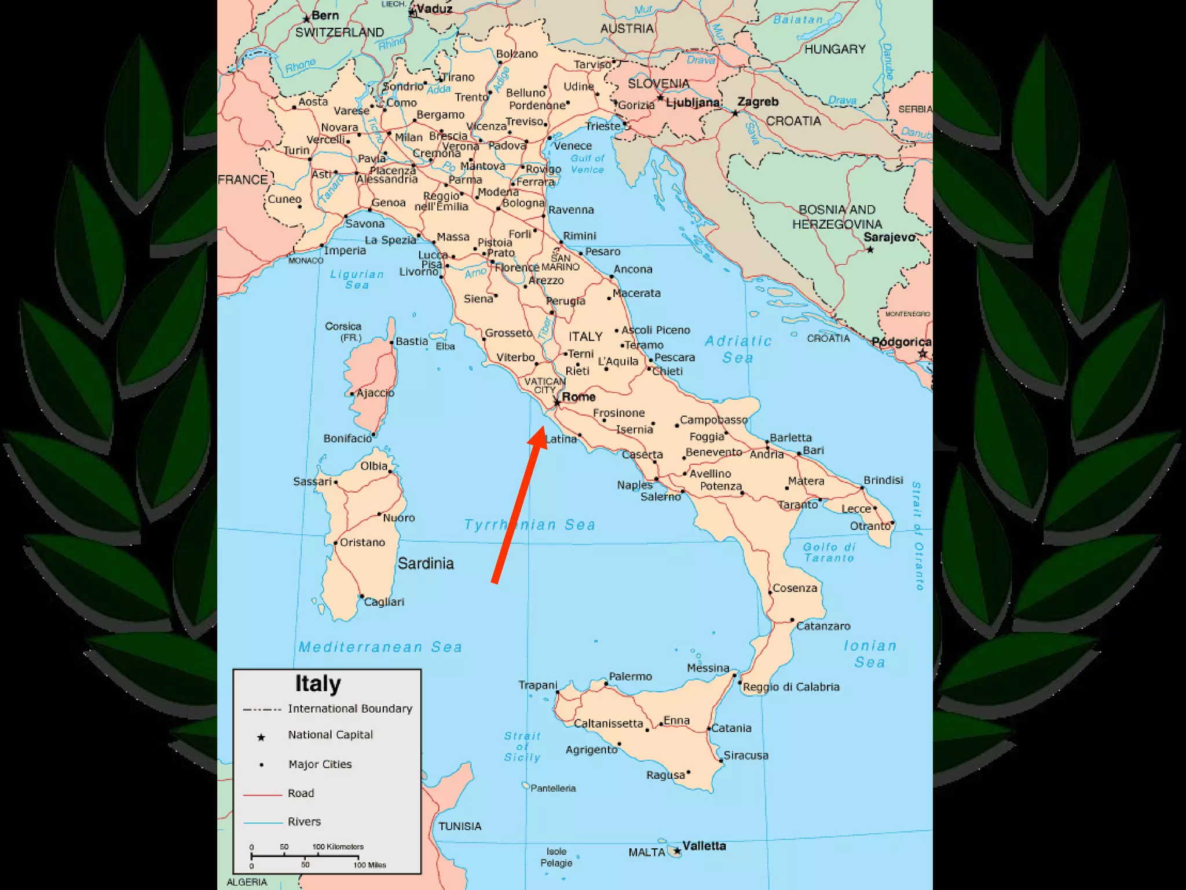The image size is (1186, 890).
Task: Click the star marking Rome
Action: (557, 402)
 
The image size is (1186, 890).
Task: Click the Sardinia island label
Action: (426, 563)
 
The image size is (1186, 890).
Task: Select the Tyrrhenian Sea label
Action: (529, 525)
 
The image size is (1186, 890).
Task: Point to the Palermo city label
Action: (630, 676)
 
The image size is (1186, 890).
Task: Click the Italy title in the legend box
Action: (318, 684)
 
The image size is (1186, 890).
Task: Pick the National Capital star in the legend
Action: (261, 737)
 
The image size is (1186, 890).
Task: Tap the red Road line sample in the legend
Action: (262, 795)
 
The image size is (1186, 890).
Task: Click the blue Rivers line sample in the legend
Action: (262, 823)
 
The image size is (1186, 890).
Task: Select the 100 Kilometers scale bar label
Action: (338, 847)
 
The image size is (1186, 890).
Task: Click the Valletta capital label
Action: (704, 845)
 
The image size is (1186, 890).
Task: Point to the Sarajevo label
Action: (889, 237)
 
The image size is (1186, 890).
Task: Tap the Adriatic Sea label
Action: (738, 349)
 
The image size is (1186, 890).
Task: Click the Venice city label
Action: (573, 146)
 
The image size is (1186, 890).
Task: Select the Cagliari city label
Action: (384, 602)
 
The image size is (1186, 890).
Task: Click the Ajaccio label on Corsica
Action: (375, 393)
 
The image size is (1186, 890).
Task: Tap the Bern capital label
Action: (325, 16)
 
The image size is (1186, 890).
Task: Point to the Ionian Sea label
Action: (869, 654)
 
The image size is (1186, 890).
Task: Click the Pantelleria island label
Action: (553, 788)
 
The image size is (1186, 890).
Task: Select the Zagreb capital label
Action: (757, 102)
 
